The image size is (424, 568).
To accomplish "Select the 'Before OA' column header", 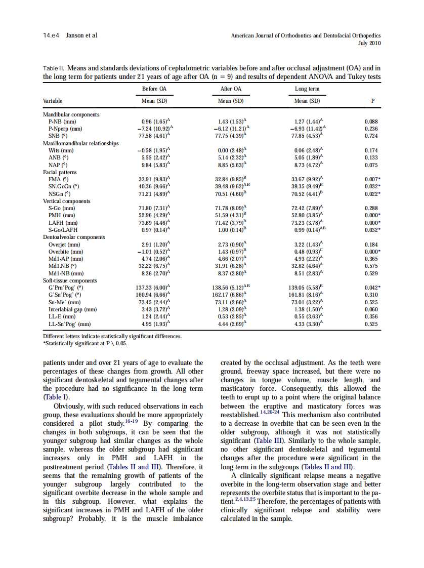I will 154,89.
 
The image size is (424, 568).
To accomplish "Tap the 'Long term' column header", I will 307,89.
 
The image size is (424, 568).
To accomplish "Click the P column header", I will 373,100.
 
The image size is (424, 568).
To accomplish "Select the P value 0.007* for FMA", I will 373,179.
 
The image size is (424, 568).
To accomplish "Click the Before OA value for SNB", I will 155,136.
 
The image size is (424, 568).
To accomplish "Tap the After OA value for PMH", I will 231,215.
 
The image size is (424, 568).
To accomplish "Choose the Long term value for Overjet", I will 308,245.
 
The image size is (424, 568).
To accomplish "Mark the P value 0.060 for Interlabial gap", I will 372,309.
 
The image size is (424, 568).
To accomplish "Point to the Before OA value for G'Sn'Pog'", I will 155,295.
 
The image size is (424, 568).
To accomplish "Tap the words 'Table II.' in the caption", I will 54,68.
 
